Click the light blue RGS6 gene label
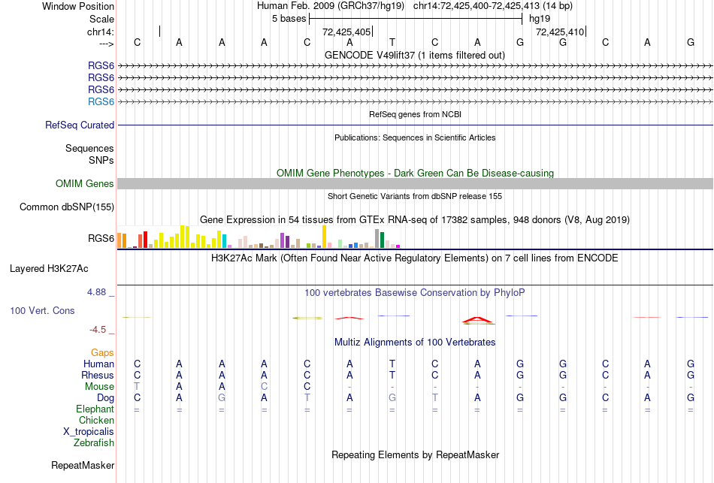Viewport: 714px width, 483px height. tap(101, 101)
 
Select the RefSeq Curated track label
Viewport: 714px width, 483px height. tap(80, 125)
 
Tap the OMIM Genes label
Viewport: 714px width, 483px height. tap(85, 183)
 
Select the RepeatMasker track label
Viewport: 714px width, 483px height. tap(83, 466)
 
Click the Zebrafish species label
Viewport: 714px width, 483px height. tap(94, 443)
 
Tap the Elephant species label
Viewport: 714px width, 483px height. tap(95, 409)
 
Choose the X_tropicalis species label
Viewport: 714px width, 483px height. tap(89, 432)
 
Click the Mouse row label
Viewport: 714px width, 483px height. tap(99, 386)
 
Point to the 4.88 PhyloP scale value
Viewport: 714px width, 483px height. tap(98, 292)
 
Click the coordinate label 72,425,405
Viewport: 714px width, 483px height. tap(346, 32)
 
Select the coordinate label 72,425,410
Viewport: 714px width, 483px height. tap(560, 32)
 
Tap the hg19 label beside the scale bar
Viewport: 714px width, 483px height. tap(540, 18)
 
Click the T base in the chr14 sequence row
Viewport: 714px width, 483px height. tap(392, 42)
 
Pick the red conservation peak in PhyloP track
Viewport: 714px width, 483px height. tap(478, 320)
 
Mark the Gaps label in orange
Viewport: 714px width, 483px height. tap(102, 352)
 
